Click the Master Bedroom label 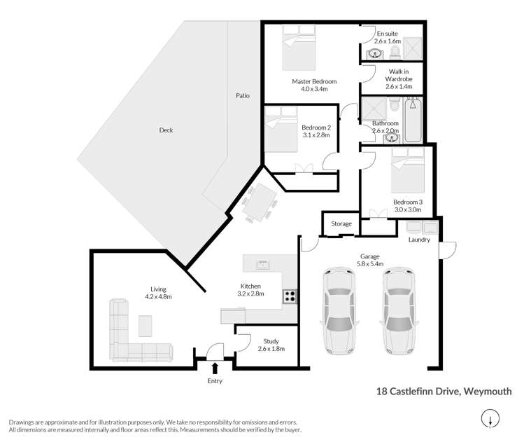point(310,82)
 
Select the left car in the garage point(337,311)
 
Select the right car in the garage point(397,311)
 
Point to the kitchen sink point(264,264)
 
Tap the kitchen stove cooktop point(290,297)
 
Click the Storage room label point(341,223)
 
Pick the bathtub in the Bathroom point(413,119)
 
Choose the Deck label point(166,130)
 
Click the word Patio point(243,95)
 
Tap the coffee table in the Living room point(146,326)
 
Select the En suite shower point(413,48)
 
